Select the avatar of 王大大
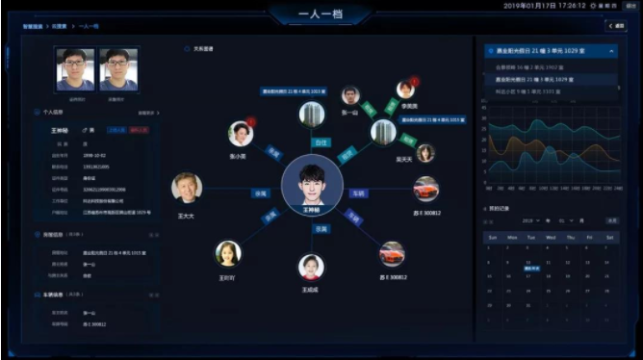point(187,187)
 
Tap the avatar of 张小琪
point(241,133)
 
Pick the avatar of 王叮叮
point(228,253)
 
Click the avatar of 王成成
point(310,267)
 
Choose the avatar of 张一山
point(350,96)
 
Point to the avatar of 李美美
point(405,90)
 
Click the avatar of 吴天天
point(424,153)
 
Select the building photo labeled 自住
point(310,116)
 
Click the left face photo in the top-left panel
point(74,67)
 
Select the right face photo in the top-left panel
point(118,67)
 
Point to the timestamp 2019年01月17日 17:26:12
point(544,6)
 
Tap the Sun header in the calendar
point(492,236)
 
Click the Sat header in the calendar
point(608,236)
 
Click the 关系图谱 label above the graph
point(203,47)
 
